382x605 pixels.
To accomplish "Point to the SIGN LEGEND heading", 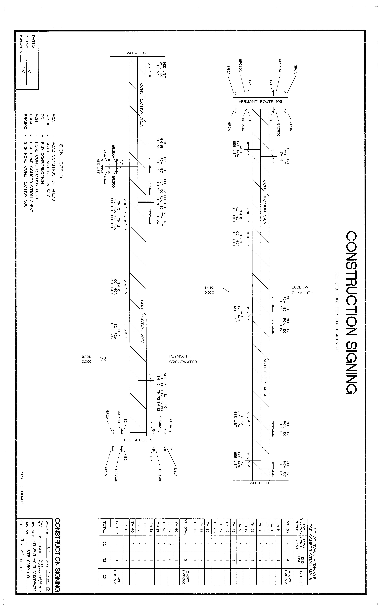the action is pos(61,160).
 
